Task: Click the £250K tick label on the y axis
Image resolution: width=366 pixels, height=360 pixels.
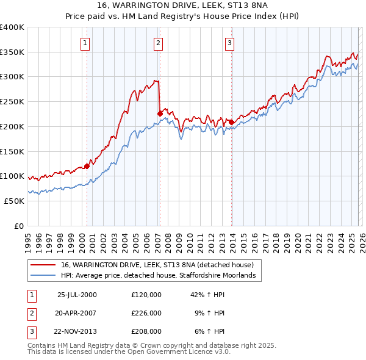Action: (12, 101)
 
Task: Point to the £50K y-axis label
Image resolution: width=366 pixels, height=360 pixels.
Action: (14, 201)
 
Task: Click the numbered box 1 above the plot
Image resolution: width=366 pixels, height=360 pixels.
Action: (84, 43)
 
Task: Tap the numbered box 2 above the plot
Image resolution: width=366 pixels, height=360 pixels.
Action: (158, 43)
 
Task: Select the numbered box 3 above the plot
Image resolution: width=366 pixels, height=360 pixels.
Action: (229, 43)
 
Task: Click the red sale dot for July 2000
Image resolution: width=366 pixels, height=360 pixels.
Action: (87, 165)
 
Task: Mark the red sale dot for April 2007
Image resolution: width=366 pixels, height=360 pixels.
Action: (160, 113)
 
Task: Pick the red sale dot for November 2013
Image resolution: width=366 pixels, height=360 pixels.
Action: (231, 122)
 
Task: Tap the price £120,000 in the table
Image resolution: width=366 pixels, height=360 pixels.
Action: (146, 294)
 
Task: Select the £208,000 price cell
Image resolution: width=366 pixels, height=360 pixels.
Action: (146, 331)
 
